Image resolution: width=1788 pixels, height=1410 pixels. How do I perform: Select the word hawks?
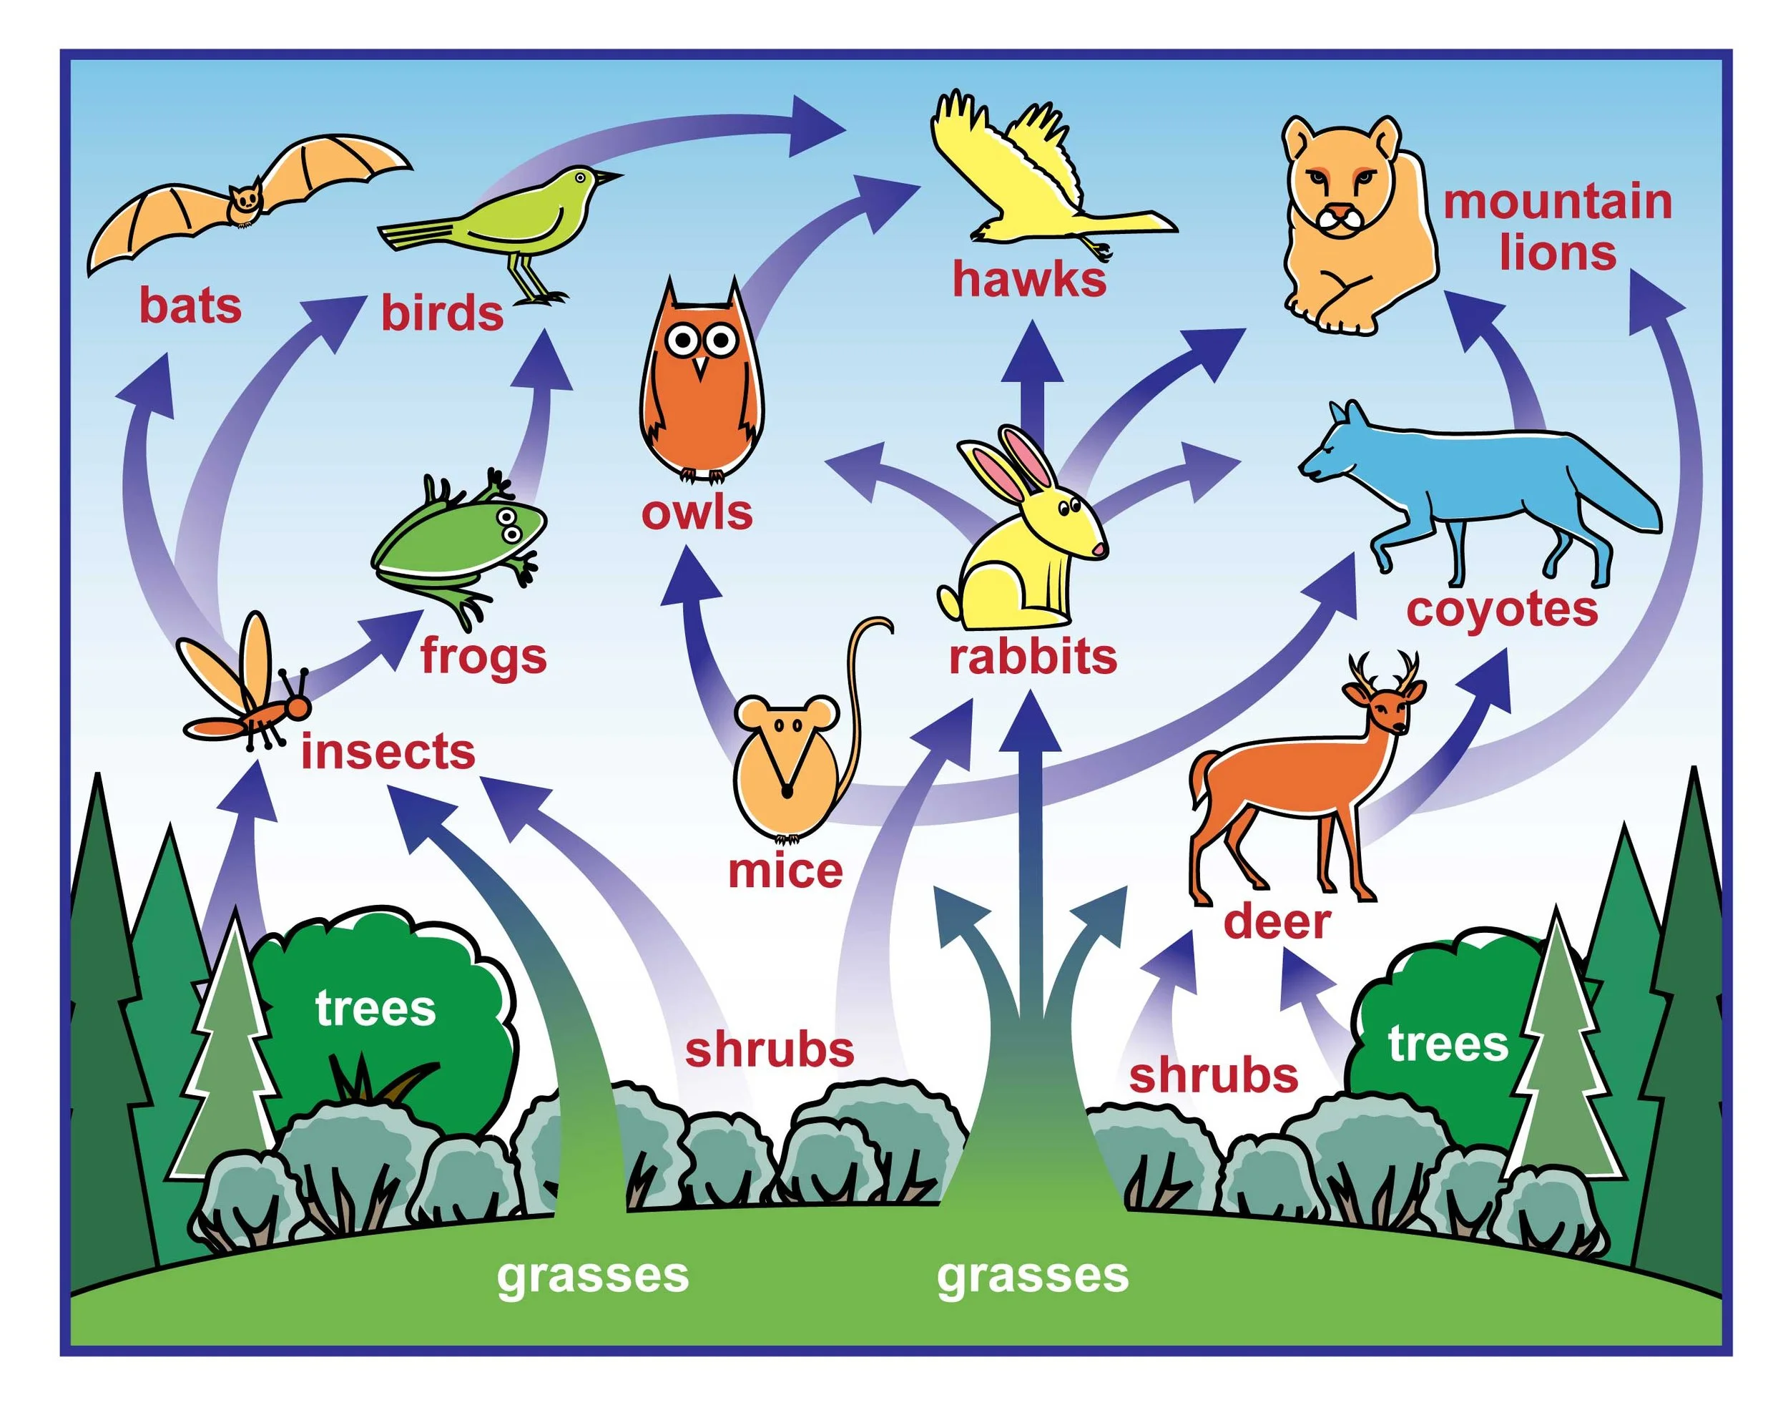point(1029,279)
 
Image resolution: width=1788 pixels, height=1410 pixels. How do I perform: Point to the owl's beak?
point(700,366)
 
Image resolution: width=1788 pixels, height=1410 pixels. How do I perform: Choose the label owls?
point(697,513)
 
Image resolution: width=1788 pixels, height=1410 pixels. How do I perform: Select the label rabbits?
point(1032,657)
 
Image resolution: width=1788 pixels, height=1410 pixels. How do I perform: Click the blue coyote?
point(1477,487)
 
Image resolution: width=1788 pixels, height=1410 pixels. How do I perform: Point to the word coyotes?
point(1502,610)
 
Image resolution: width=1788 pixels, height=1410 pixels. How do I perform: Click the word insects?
point(388,752)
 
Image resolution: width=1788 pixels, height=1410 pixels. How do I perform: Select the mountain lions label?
point(1557,227)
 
